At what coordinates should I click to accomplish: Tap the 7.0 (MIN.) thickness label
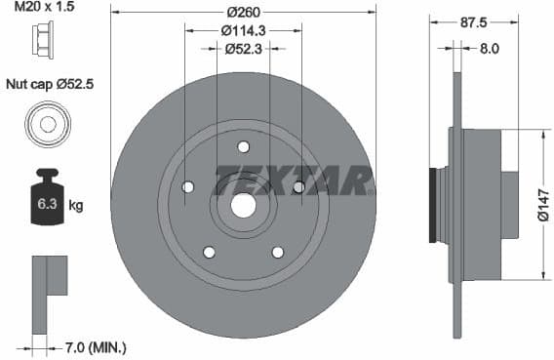pos(96,347)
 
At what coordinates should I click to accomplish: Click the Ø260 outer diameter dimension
pos(243,13)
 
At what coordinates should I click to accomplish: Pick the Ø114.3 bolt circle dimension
pos(243,29)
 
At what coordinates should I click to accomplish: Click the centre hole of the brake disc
pos(243,206)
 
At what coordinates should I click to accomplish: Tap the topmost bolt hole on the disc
pos(243,147)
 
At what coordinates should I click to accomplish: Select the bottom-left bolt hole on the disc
pos(209,253)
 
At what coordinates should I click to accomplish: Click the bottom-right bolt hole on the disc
pos(278,253)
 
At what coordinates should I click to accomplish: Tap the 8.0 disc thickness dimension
pos(489,46)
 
